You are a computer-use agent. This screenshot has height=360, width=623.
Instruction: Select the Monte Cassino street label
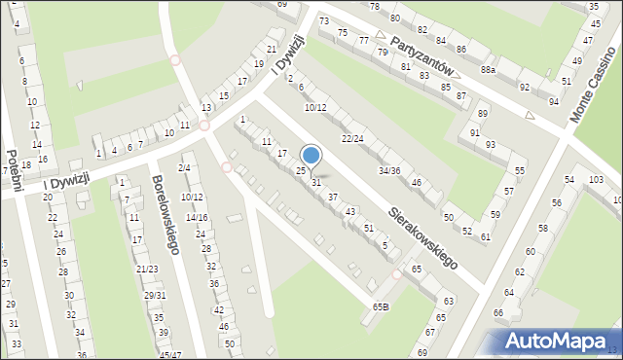point(596,87)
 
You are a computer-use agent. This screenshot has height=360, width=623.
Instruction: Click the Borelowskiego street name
point(164,215)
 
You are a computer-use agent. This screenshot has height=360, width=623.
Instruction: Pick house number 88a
point(488,70)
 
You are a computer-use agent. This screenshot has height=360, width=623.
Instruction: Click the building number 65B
point(380,306)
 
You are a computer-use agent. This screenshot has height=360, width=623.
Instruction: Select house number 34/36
point(389,171)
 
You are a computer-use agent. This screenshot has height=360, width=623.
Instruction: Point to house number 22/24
point(352,138)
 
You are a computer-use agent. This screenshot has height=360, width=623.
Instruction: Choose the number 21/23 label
point(147,269)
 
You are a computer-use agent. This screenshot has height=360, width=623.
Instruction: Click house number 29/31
point(155,295)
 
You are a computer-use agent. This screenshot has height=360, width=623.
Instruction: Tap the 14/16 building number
point(197,217)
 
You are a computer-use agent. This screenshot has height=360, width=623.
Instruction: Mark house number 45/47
point(169,355)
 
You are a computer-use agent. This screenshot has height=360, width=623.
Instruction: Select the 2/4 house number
point(184,168)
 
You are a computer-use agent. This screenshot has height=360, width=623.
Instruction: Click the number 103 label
point(597,181)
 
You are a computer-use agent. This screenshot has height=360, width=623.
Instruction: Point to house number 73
point(324,21)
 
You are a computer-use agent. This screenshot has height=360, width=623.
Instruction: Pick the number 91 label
point(475,132)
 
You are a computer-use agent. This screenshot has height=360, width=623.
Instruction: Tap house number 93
point(491,144)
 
